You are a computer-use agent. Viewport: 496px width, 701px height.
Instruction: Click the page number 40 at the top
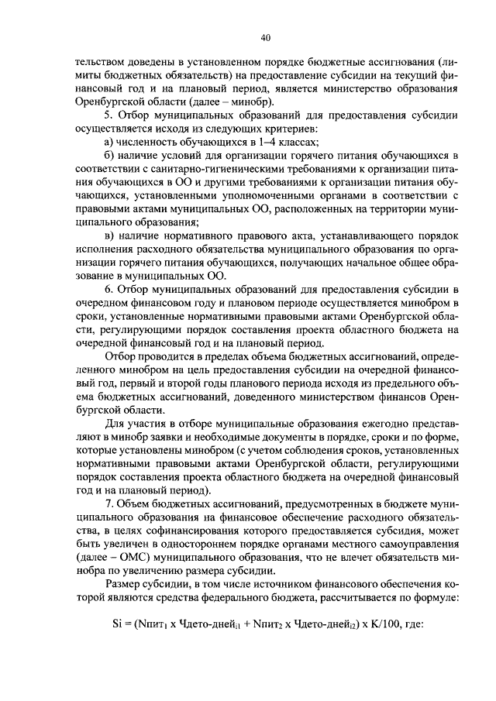[x=265, y=36]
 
